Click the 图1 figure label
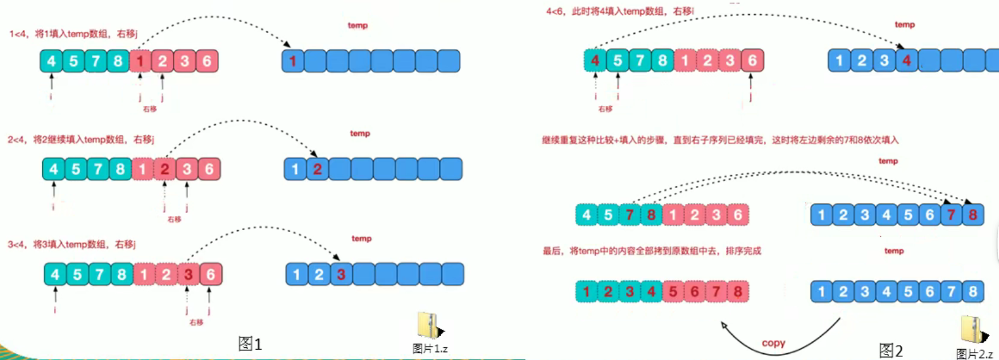point(250,344)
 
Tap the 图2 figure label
point(891,351)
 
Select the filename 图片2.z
point(974,354)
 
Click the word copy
point(773,343)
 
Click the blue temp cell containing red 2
point(317,169)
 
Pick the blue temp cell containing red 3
point(341,274)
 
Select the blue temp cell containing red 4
point(907,61)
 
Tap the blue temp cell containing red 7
point(951,215)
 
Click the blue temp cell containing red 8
point(973,215)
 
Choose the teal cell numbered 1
point(586,291)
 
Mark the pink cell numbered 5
point(673,291)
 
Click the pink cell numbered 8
point(738,291)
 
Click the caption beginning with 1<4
point(74,34)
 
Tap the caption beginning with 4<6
point(620,11)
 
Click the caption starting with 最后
point(652,251)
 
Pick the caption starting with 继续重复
point(720,140)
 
